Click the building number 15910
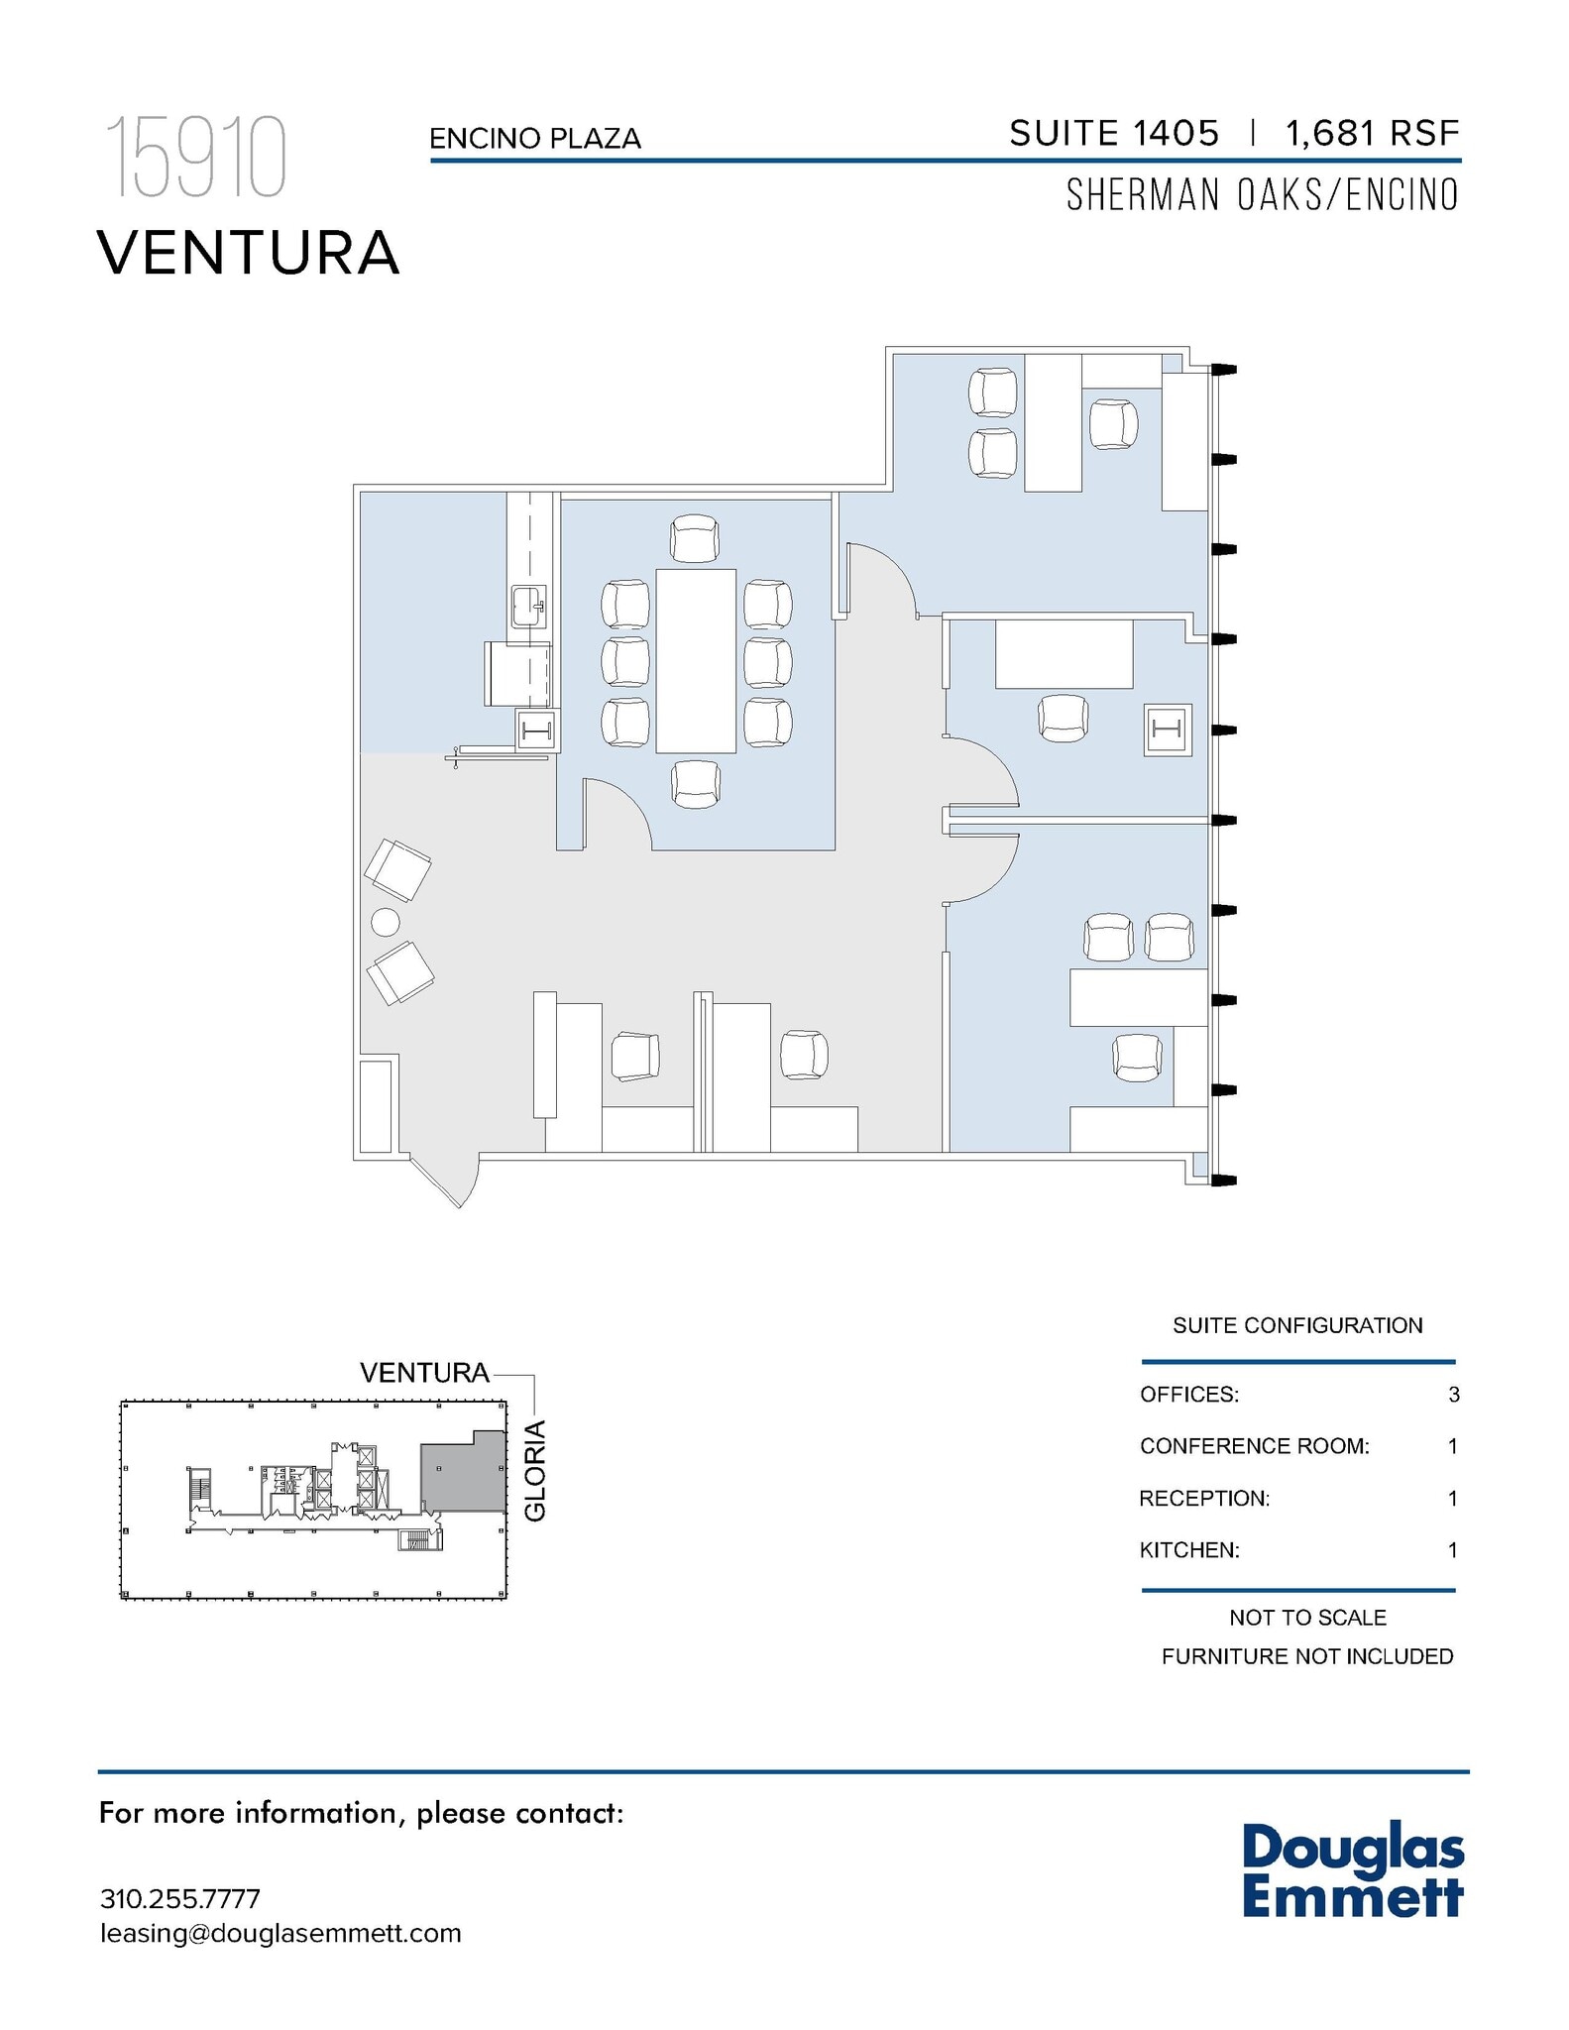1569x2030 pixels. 196,158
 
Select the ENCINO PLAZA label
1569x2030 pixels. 534,139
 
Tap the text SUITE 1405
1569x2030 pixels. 1113,133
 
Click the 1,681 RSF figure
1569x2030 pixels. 1372,133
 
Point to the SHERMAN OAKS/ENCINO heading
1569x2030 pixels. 1262,195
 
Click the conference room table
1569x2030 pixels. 695,661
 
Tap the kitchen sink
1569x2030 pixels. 527,606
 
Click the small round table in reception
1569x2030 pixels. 385,923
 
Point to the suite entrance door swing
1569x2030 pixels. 451,1179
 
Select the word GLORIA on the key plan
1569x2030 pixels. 535,1471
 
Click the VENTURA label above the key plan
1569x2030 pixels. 424,1373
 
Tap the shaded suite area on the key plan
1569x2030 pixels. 462,1476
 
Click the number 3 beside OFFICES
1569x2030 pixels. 1453,1395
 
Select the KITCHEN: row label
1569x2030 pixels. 1189,1550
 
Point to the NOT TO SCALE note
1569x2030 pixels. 1306,1618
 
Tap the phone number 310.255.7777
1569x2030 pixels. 179,1899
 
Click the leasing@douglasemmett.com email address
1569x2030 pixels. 280,1934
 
